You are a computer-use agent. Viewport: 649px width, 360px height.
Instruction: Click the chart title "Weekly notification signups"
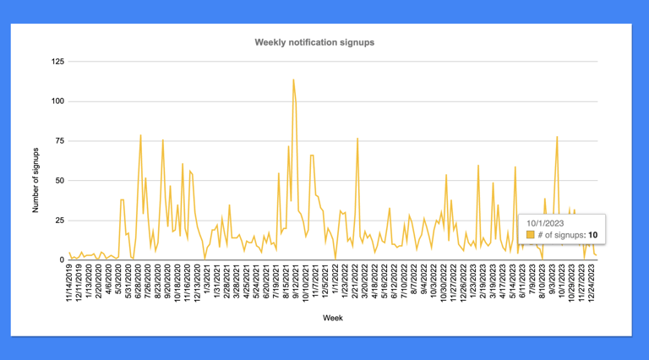pyautogui.click(x=314, y=41)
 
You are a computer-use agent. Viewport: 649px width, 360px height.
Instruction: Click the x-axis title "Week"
pyautogui.click(x=332, y=319)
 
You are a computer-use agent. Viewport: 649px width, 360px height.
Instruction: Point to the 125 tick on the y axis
pyautogui.click(x=57, y=62)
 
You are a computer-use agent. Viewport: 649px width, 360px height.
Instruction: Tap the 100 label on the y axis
pyautogui.click(x=57, y=101)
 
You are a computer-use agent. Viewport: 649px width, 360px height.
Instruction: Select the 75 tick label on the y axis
pyautogui.click(x=59, y=141)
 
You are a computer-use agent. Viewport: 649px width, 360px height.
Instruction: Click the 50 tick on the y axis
pyautogui.click(x=59, y=181)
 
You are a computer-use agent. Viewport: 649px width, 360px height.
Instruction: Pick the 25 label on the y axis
pyautogui.click(x=59, y=220)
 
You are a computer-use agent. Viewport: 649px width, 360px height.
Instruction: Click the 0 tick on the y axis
pyautogui.click(x=62, y=259)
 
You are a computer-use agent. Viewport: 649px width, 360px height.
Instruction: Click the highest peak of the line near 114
pyautogui.click(x=293, y=79)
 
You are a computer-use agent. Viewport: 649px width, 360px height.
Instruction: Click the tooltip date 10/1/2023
pyautogui.click(x=545, y=221)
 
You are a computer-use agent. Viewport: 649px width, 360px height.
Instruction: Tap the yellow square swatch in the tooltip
pyautogui.click(x=530, y=234)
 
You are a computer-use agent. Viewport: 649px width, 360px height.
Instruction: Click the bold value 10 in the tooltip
pyautogui.click(x=595, y=234)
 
